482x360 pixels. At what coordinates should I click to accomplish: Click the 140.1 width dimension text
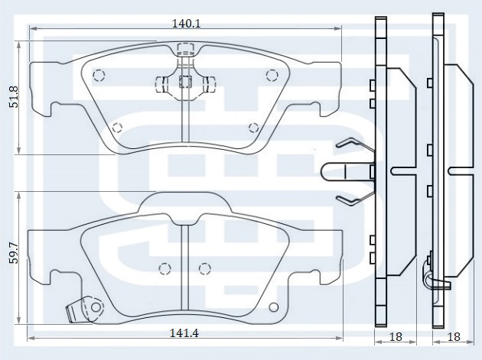coord(186,24)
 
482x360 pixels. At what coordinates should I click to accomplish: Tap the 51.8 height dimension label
coord(14,97)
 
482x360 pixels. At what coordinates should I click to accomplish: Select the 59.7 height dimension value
coord(14,254)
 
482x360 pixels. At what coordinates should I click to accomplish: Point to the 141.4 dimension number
coord(184,333)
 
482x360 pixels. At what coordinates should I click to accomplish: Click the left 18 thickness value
coord(396,336)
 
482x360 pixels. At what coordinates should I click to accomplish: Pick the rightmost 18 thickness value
coord(454,336)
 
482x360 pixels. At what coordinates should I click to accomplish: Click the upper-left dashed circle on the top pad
coord(99,75)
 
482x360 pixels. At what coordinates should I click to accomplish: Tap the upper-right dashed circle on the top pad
coord(272,75)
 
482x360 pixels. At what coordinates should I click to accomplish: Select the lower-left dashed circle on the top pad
coord(117,127)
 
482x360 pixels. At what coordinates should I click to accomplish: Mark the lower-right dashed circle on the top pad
coord(253,127)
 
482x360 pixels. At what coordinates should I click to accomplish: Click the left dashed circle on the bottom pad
coord(164,269)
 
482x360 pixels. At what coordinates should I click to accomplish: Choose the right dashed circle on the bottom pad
coord(205,269)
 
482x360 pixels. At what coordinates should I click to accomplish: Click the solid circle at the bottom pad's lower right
coord(273,307)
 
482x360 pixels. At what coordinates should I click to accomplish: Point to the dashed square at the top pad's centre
coord(185,81)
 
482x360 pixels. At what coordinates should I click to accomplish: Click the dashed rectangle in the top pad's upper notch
coord(186,50)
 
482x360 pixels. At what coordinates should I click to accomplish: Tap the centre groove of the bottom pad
coord(184,268)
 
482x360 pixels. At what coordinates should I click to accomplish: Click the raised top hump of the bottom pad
coord(185,203)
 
